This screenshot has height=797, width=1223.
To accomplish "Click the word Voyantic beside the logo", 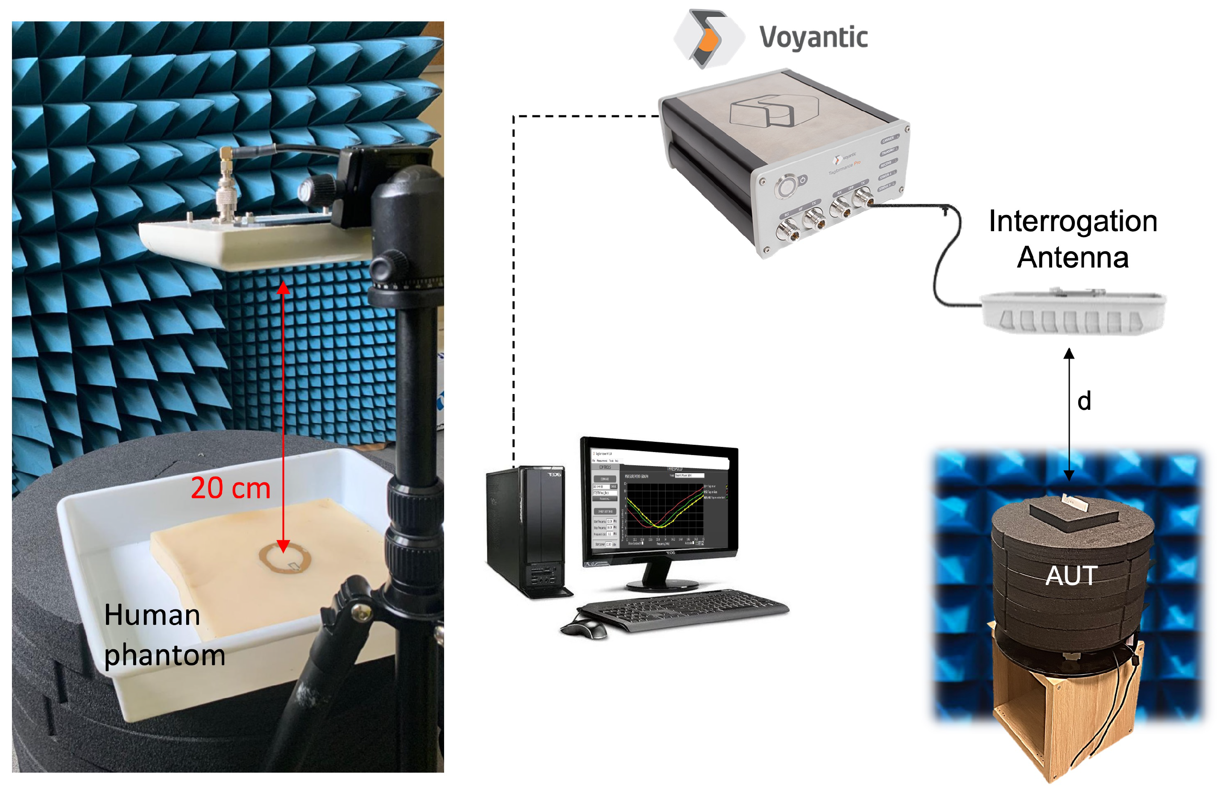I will [813, 38].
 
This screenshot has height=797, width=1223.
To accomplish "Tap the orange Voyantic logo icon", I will [708, 39].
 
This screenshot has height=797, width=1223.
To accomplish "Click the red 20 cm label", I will [230, 488].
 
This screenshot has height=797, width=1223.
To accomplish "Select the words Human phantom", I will [164, 635].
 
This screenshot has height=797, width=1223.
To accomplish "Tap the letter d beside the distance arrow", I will [1084, 401].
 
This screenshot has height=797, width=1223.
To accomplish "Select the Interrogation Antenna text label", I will [1073, 239].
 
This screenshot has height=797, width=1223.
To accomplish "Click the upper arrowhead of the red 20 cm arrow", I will [283, 288].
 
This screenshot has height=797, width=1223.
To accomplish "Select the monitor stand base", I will [663, 585].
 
